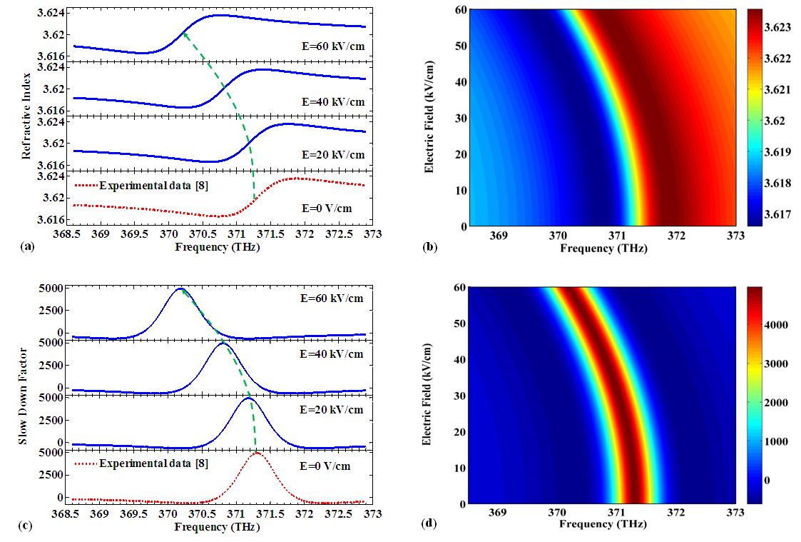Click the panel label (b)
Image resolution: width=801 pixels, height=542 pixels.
(x=430, y=246)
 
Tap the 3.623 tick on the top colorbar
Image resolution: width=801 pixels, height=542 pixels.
(x=780, y=28)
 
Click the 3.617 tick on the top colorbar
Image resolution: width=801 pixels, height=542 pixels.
(x=780, y=215)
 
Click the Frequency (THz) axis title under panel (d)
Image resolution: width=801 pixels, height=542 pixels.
(x=603, y=524)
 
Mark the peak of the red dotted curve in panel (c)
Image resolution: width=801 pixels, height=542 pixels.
(x=257, y=453)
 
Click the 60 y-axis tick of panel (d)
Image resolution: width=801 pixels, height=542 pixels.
(x=459, y=288)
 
